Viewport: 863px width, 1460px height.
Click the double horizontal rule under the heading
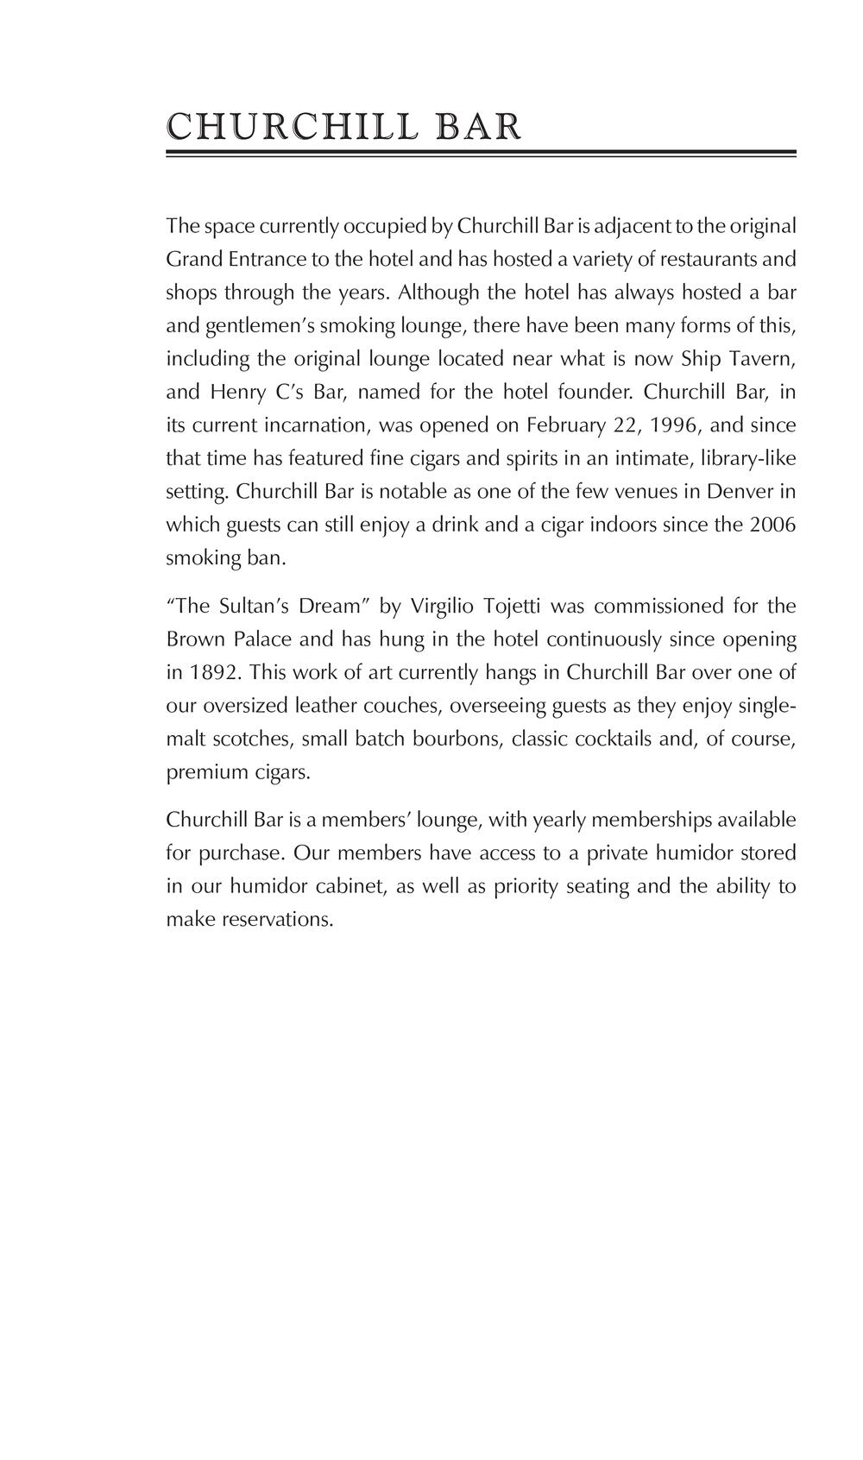tap(481, 154)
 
